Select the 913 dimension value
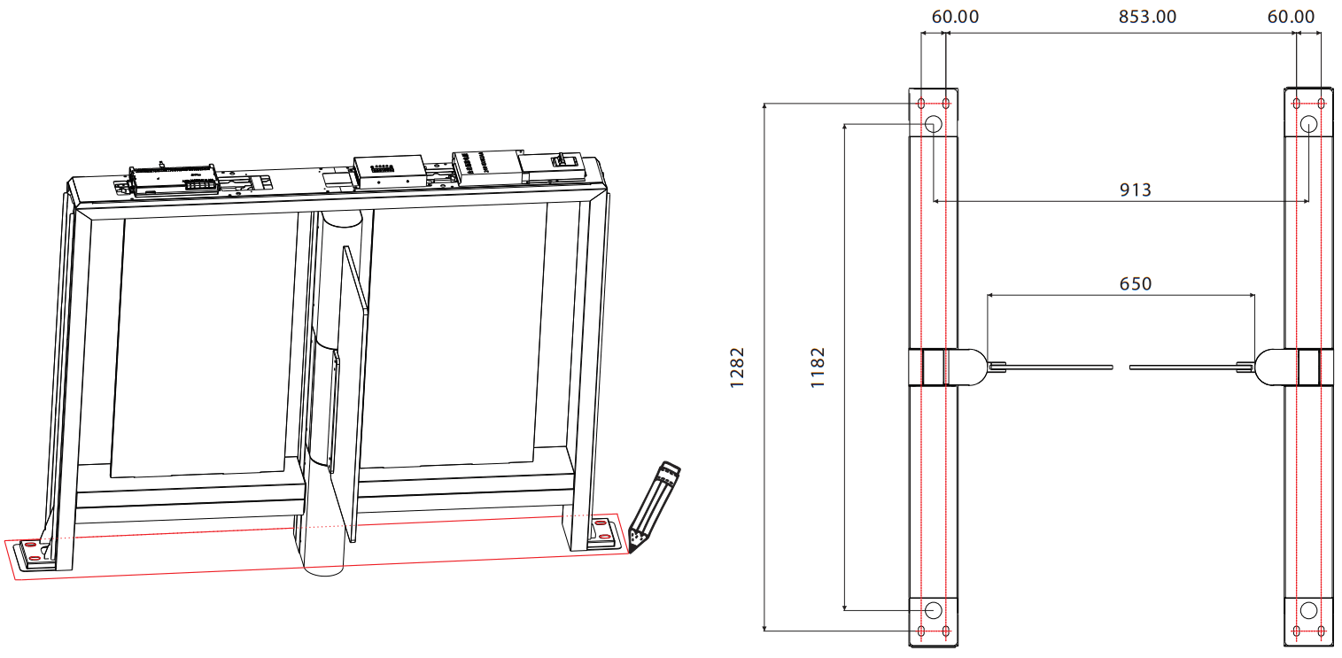pyautogui.click(x=1135, y=190)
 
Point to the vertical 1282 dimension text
pyautogui.click(x=738, y=367)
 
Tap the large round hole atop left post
pyautogui.click(x=934, y=125)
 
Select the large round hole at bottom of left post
pyautogui.click(x=934, y=609)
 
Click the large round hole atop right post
pyautogui.click(x=1308, y=125)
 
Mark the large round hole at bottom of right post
pyautogui.click(x=1308, y=609)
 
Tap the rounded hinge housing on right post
pyautogui.click(x=1276, y=367)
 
